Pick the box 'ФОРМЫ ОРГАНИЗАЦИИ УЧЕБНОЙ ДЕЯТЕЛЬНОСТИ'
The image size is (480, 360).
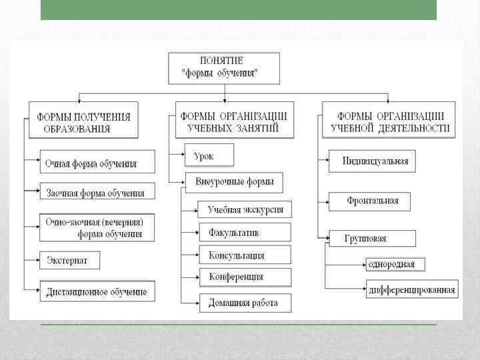pyautogui.click(x=389, y=121)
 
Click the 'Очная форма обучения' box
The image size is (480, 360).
pyautogui.click(x=97, y=163)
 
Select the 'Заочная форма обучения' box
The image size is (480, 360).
pyautogui.click(x=97, y=193)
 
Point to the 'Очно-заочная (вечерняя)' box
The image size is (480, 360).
pyautogui.click(x=97, y=227)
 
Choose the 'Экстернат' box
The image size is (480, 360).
pyautogui.click(x=69, y=259)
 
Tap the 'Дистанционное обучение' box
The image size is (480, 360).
pyautogui.click(x=97, y=292)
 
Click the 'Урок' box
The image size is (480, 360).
pyautogui.click(x=209, y=155)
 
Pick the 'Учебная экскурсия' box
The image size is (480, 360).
pyautogui.click(x=245, y=209)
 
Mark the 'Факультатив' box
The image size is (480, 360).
pyautogui.click(x=245, y=232)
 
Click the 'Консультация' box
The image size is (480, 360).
pyautogui.click(x=245, y=255)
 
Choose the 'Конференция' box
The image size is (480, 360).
pyautogui.click(x=245, y=277)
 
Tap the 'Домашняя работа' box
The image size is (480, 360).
pyautogui.click(x=245, y=303)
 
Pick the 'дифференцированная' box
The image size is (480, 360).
pyautogui.click(x=411, y=289)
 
